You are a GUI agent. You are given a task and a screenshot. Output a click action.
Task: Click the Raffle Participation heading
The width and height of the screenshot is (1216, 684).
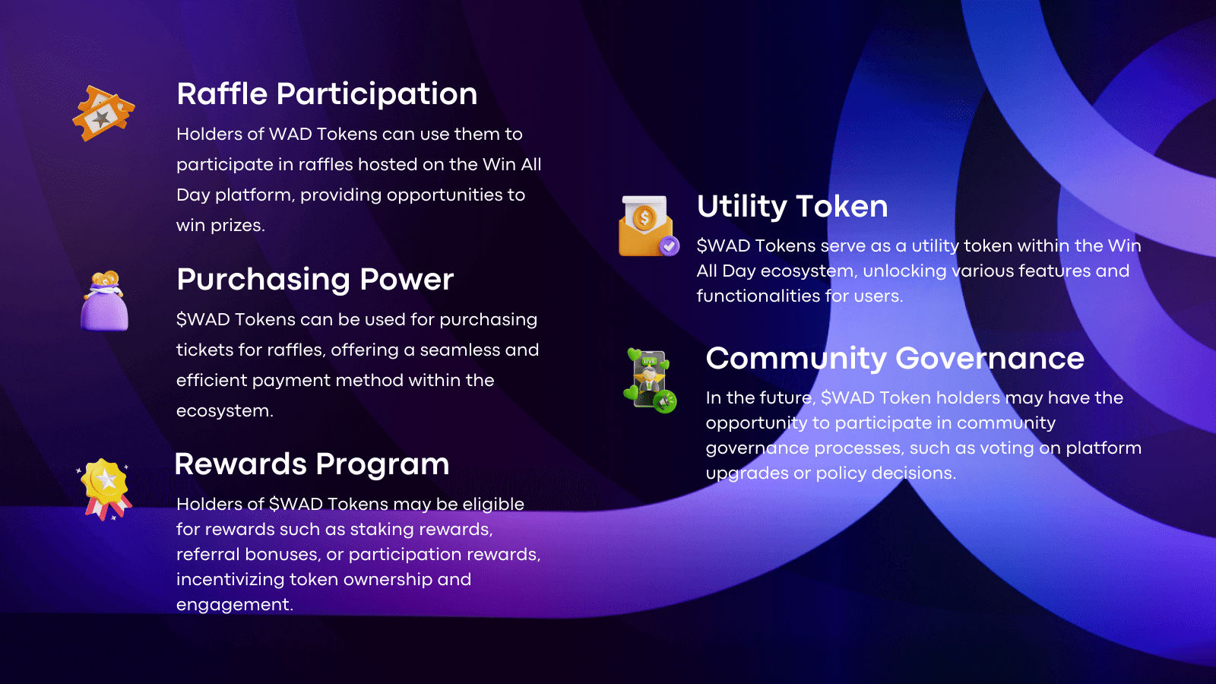327,94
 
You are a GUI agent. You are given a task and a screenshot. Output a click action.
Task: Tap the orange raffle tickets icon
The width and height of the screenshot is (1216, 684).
103,113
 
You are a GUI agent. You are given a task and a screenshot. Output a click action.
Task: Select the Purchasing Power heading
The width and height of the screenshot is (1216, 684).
315,280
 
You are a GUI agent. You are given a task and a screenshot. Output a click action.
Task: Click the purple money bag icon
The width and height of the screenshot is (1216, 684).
105,301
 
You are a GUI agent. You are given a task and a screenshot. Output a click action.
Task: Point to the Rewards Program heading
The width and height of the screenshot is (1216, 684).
312,464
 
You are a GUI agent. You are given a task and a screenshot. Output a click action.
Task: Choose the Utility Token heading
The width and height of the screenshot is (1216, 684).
792,207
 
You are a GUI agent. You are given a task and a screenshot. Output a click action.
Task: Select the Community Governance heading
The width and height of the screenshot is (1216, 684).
895,359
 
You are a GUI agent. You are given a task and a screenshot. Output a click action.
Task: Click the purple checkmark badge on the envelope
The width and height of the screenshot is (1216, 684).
670,246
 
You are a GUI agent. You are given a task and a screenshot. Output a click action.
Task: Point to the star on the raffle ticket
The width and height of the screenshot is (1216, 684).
101,119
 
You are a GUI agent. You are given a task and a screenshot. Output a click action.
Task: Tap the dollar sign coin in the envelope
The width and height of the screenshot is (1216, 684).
644,218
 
